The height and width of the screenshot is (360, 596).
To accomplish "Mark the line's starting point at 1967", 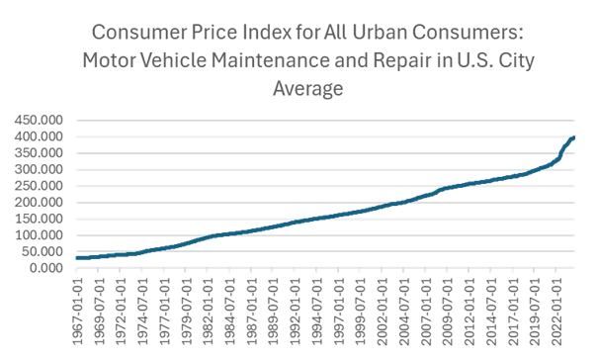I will coord(77,257).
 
